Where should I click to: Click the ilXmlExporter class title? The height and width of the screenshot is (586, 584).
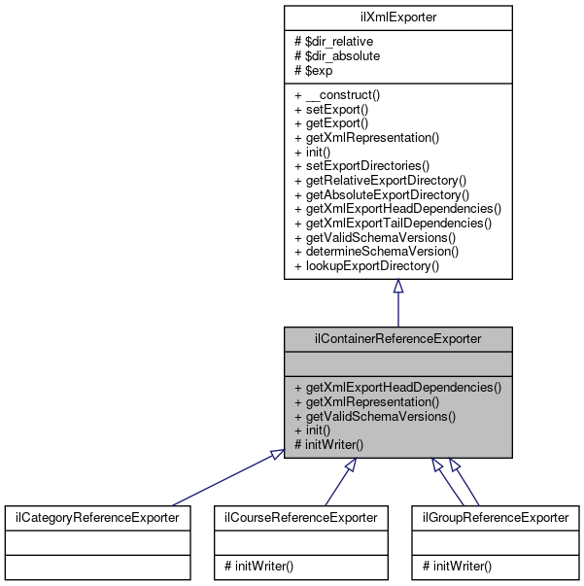tap(397, 17)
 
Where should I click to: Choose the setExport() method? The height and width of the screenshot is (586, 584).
tap(330, 110)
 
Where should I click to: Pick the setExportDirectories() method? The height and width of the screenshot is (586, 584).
tap(361, 165)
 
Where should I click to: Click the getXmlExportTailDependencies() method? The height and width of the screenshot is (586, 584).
tap(393, 222)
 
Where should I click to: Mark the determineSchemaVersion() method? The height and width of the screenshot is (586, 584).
tap(376, 250)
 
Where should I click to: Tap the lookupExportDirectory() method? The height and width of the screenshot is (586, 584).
tap(366, 264)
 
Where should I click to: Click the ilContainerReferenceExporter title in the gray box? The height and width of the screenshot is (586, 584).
tap(397, 339)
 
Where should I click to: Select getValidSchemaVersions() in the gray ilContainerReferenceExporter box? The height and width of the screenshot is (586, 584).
tap(374, 415)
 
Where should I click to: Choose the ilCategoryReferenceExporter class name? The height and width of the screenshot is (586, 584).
tap(95, 518)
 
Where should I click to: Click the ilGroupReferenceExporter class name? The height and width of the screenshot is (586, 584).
tap(495, 518)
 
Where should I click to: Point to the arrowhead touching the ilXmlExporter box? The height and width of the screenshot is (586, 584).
tap(397, 288)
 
